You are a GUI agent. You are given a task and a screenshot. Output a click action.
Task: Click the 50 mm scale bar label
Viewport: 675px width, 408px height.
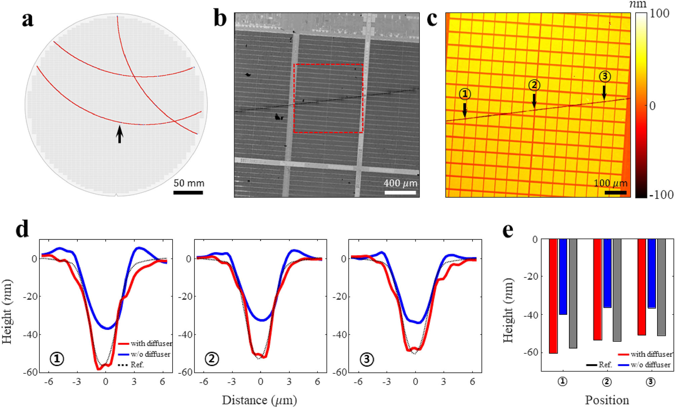(189, 183)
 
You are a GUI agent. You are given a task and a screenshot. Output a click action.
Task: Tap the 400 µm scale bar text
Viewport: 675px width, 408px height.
(400, 183)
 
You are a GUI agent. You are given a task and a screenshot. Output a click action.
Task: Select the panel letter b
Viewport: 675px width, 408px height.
(221, 19)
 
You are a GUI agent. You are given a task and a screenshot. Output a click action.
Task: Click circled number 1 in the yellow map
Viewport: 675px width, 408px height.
(465, 94)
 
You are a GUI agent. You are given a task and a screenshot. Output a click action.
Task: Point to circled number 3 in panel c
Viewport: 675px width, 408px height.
(605, 77)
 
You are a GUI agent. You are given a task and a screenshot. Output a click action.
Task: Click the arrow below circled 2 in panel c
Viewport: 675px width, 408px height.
(534, 100)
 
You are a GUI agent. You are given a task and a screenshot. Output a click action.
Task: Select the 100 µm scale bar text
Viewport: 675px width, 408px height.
(610, 183)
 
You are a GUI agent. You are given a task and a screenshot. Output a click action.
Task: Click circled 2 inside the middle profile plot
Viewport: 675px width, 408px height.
(212, 359)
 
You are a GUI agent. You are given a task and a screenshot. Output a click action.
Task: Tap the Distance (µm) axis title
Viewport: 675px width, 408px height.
(259, 400)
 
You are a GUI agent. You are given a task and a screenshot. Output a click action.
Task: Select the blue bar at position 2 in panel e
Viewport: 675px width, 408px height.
(607, 273)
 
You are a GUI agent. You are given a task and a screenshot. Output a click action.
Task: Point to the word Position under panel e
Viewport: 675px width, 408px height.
(607, 400)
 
